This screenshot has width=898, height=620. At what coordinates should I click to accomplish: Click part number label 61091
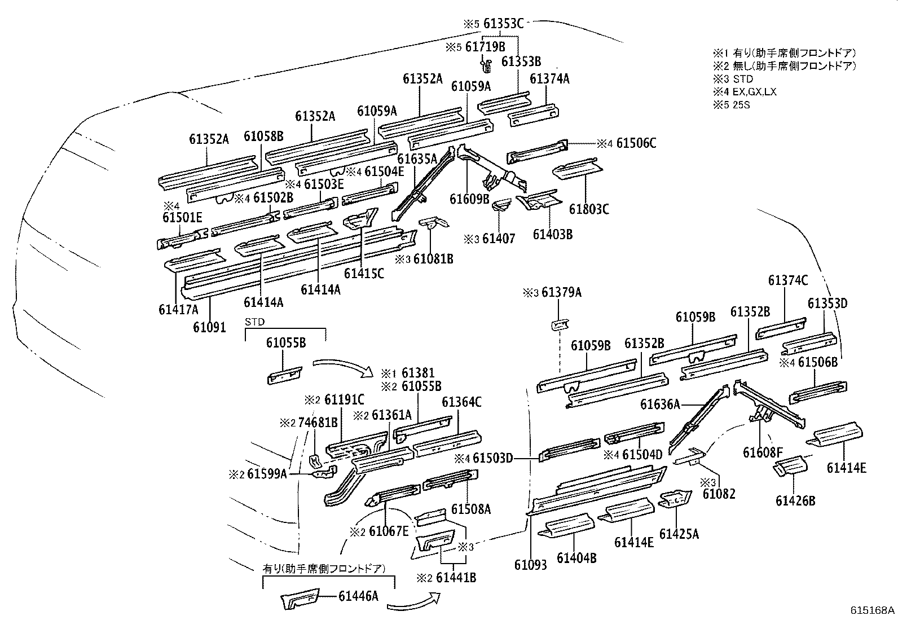[x=209, y=327]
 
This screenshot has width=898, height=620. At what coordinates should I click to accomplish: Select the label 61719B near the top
[x=485, y=47]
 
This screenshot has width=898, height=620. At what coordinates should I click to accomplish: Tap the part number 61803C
[x=589, y=209]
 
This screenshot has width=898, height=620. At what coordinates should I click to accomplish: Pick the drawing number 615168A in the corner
[x=873, y=610]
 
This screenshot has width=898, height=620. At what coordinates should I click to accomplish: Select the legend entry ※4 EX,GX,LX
[x=745, y=92]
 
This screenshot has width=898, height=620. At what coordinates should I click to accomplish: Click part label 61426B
[x=796, y=500]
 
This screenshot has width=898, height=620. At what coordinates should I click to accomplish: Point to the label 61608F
[x=763, y=452]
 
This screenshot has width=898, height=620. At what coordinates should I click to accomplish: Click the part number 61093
[x=530, y=565]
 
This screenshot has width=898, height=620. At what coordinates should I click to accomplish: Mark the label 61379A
[x=561, y=292]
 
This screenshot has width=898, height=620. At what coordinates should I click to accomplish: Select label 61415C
[x=364, y=274]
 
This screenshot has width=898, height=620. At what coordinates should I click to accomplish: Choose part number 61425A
[x=679, y=533]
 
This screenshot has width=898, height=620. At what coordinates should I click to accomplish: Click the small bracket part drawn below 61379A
[x=559, y=324]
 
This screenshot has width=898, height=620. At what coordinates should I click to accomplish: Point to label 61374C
[x=788, y=280]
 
